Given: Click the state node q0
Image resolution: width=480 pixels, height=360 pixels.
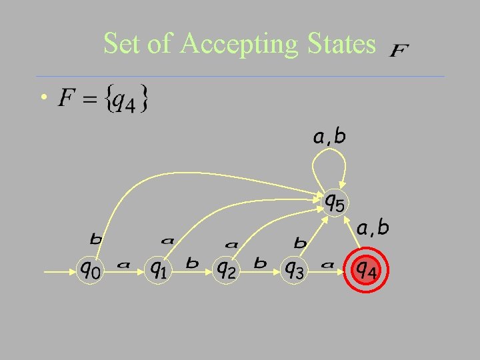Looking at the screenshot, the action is point(91,269).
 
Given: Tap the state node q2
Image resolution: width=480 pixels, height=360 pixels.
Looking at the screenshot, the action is point(225,269).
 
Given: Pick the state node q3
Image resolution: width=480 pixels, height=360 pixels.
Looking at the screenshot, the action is point(294,269).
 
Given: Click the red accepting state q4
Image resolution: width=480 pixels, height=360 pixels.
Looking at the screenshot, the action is point(364,269).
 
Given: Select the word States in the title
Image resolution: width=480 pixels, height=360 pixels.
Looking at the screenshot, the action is point(341,44).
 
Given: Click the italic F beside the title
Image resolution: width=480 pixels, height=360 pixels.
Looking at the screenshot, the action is point(399,51).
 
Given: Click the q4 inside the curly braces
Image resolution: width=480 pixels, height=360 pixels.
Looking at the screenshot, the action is point(123,101).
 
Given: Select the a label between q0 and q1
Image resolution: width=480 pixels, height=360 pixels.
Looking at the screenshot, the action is point(123,265).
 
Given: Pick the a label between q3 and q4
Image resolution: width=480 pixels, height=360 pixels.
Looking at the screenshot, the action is point(327,265).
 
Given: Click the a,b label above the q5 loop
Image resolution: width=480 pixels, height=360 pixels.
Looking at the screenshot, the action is point(329,137).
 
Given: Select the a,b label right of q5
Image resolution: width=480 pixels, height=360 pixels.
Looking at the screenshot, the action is point(373,228).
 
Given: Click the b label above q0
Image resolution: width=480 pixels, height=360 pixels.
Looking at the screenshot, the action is point(96,238).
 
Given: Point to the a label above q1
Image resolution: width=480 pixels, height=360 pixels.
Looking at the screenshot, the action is point(167,239).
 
